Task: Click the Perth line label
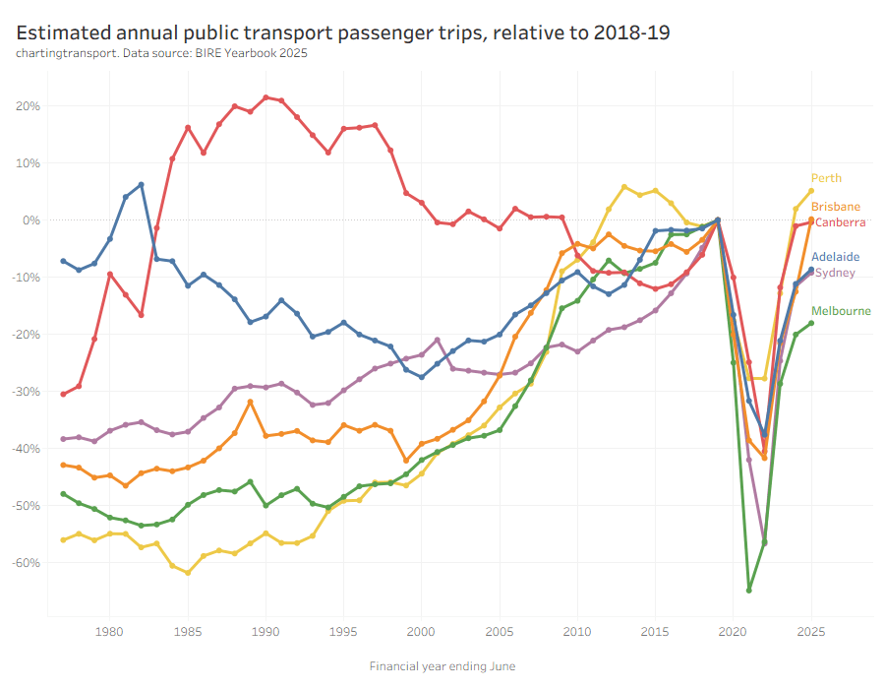[x=826, y=178]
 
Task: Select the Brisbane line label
[x=836, y=207]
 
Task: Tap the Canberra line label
[x=840, y=222]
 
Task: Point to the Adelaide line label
[x=835, y=257]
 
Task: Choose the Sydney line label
[x=835, y=273]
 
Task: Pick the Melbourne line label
[x=841, y=311]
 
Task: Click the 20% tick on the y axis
[x=27, y=106]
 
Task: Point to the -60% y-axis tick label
[x=25, y=563]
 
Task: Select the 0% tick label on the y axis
[x=29, y=220]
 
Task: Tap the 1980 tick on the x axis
[x=109, y=632]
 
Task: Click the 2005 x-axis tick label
[x=499, y=632]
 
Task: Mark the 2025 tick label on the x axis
[x=811, y=632]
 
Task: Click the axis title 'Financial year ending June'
[x=442, y=666]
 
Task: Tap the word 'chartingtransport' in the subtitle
[x=65, y=53]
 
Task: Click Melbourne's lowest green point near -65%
[x=749, y=590]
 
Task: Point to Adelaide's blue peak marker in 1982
[x=141, y=185]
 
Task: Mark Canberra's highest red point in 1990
[x=265, y=97]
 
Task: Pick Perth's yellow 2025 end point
[x=811, y=191]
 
